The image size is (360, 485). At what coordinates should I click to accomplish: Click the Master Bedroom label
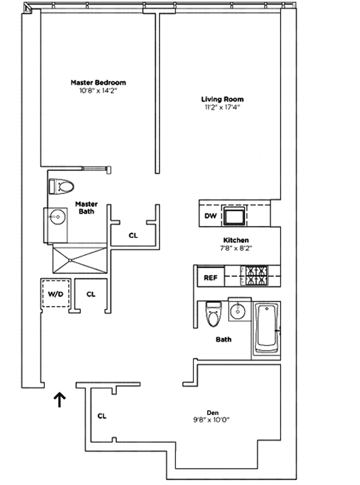[98, 82]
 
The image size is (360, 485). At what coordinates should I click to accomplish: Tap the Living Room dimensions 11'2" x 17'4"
[222, 107]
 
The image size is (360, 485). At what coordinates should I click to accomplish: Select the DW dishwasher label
[211, 216]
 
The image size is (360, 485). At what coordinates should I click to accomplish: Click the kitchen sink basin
[235, 216]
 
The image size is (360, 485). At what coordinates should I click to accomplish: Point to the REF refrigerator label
[211, 278]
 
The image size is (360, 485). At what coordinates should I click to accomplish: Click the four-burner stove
[256, 275]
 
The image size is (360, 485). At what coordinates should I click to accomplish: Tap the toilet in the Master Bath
[63, 186]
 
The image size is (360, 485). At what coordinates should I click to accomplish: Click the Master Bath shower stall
[80, 260]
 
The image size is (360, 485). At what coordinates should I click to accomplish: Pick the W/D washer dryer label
[56, 294]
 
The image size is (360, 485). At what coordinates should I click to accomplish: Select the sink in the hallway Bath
[238, 310]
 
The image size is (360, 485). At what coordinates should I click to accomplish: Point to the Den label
[212, 412]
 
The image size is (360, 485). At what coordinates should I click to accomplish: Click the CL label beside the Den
[102, 416]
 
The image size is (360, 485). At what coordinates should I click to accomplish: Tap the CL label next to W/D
[91, 294]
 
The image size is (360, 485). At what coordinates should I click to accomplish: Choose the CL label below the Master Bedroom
[133, 235]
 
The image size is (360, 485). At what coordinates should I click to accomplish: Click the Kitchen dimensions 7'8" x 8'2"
[236, 248]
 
